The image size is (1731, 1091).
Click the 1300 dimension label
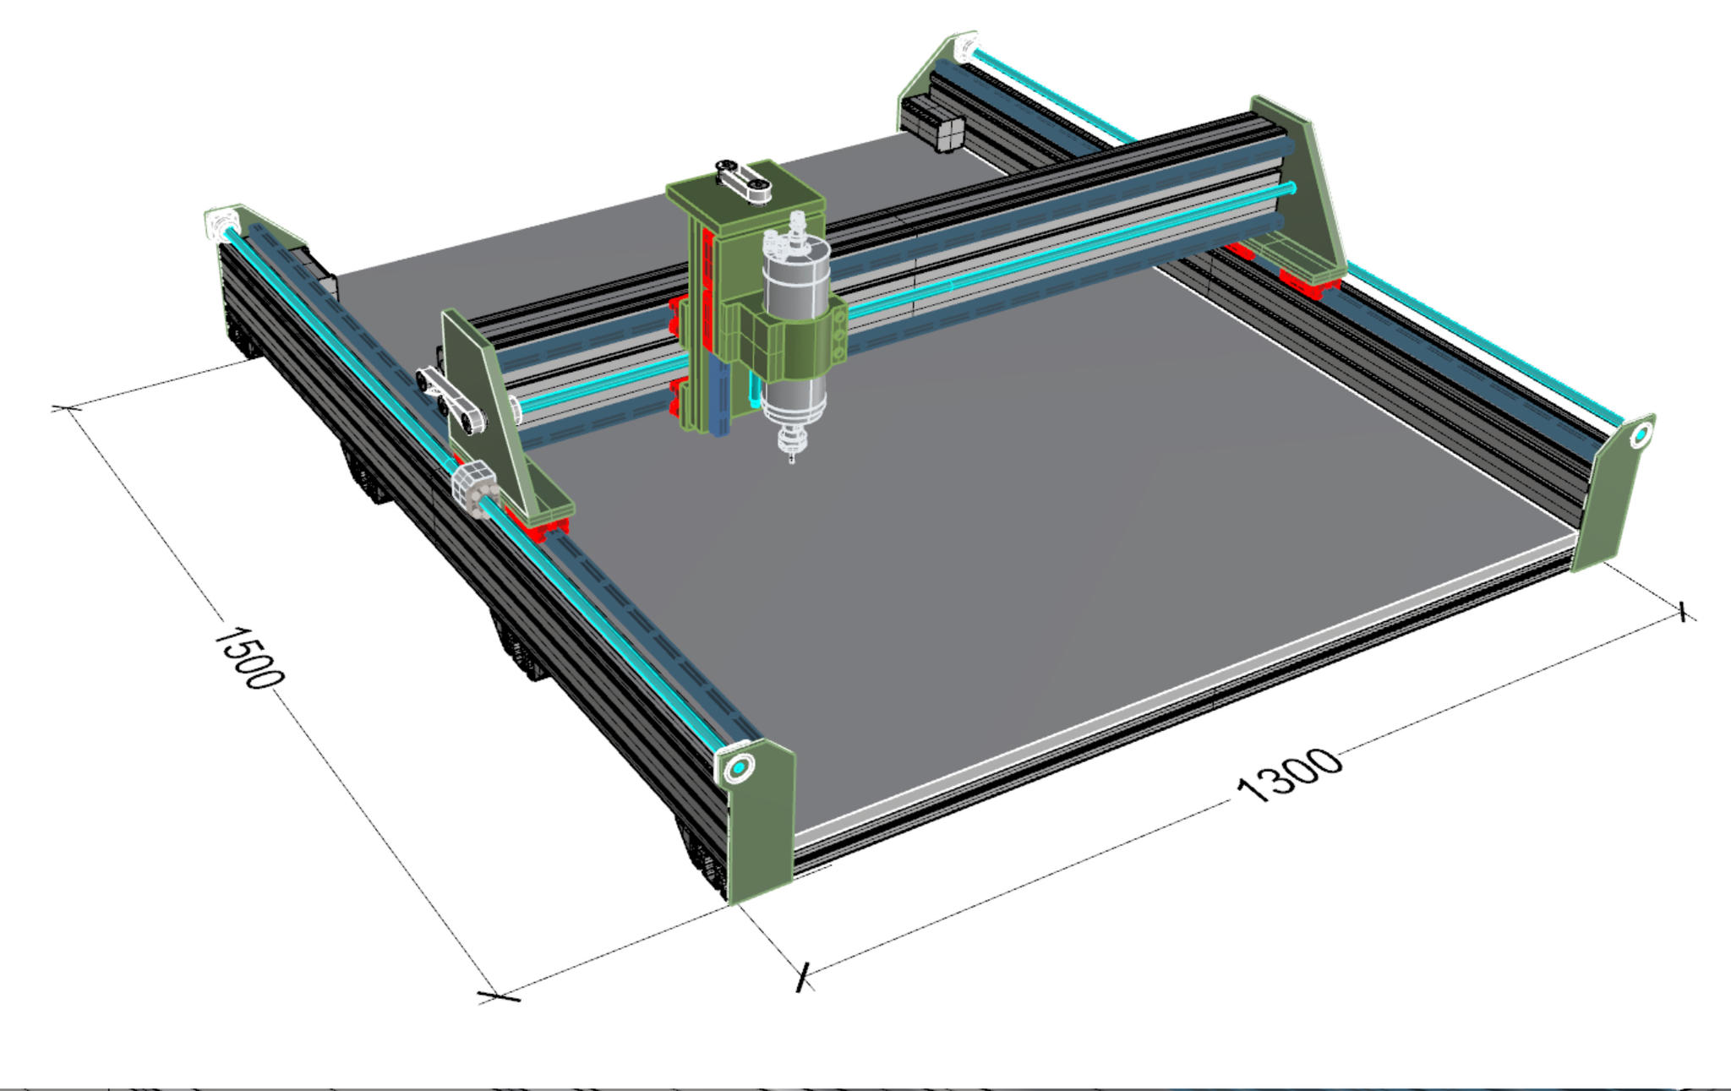pos(1288,774)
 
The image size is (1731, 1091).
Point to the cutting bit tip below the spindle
pos(792,462)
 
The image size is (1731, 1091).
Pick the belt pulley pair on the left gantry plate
pos(450,400)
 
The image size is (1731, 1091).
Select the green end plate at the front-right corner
pos(1613,494)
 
